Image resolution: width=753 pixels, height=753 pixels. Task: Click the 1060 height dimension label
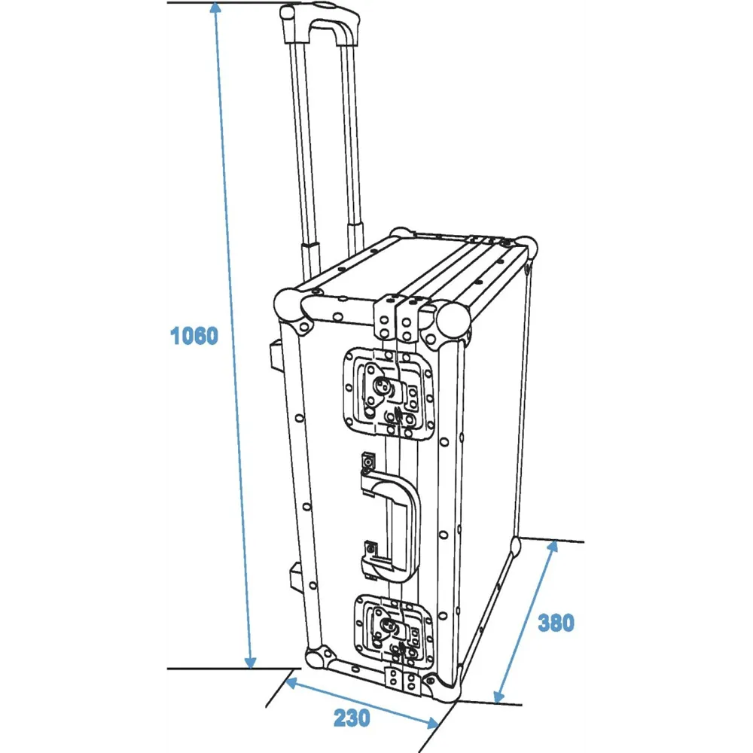(x=194, y=335)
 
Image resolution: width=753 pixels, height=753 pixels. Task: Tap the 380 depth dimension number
(x=556, y=623)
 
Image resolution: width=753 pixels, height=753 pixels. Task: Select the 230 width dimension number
(x=352, y=718)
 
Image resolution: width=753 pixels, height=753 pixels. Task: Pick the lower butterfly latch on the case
(x=394, y=630)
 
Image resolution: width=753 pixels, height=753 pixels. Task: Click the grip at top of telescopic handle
(x=321, y=24)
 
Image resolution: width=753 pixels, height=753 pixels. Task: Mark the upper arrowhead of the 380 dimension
(x=553, y=545)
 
